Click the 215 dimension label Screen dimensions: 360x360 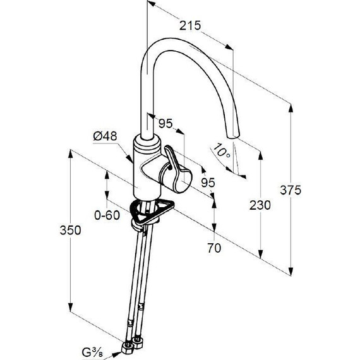tap(190, 25)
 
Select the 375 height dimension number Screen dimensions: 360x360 tap(290, 190)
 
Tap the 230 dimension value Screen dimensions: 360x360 tap(260, 205)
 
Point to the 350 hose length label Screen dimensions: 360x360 tap(70, 230)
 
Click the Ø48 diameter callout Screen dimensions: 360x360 tap(105, 136)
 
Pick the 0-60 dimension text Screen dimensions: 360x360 tap(107, 215)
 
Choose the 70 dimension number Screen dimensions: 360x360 tap(214, 248)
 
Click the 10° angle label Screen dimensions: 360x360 tap(221, 150)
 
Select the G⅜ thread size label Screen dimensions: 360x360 tap(92, 352)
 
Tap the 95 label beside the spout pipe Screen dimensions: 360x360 tap(165, 124)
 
